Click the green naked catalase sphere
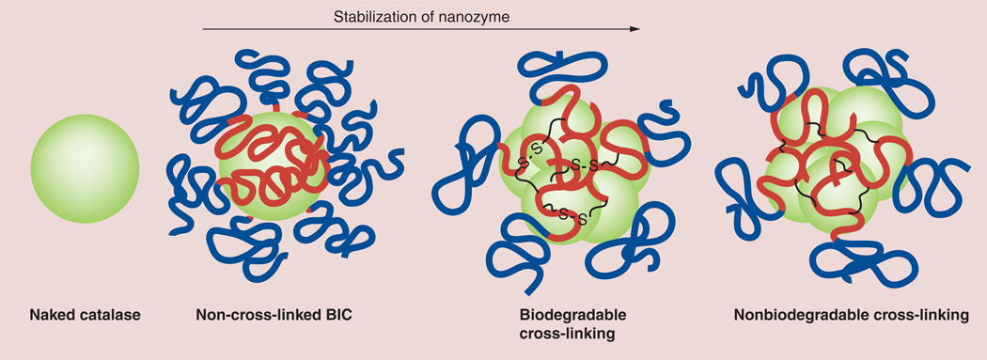(x=85, y=168)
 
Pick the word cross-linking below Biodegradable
(x=567, y=334)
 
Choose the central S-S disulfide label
(x=583, y=164)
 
